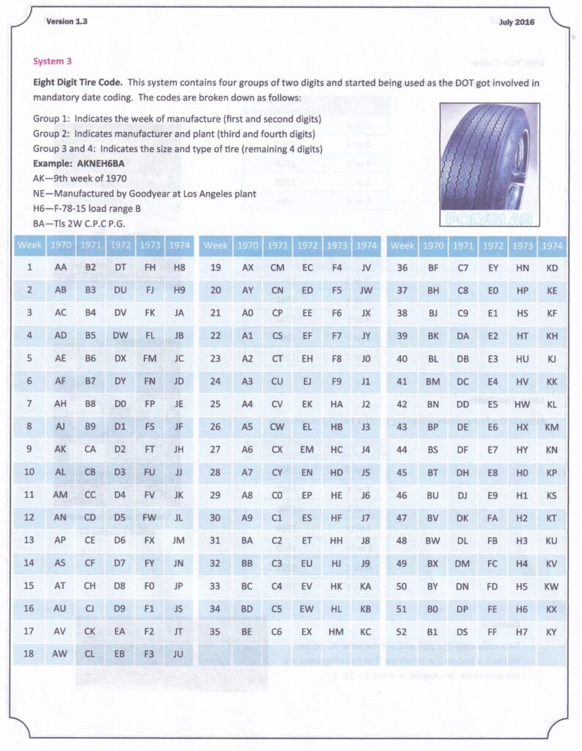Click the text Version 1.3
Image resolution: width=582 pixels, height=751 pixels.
[x=67, y=22]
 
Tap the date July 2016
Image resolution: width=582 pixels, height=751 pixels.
[x=516, y=22]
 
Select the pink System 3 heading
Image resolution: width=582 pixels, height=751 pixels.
[x=52, y=62]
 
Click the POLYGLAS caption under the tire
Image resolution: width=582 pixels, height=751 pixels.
[x=489, y=218]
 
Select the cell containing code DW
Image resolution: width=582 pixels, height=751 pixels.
[x=120, y=337]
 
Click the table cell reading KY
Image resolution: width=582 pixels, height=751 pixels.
[x=552, y=631]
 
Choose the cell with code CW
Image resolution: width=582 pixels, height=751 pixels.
[x=277, y=426]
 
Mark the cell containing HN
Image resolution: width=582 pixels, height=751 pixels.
[x=522, y=268]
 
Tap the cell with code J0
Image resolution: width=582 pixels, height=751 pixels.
[x=366, y=359]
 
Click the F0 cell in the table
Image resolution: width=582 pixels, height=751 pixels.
[x=150, y=586]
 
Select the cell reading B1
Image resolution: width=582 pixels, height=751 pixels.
[x=433, y=631]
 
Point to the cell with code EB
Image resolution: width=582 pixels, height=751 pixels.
[x=120, y=654]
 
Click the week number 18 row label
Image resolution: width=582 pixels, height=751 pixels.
[x=29, y=654]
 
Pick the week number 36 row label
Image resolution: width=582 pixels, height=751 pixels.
[x=402, y=268]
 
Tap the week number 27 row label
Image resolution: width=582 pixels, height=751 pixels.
[x=215, y=450]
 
